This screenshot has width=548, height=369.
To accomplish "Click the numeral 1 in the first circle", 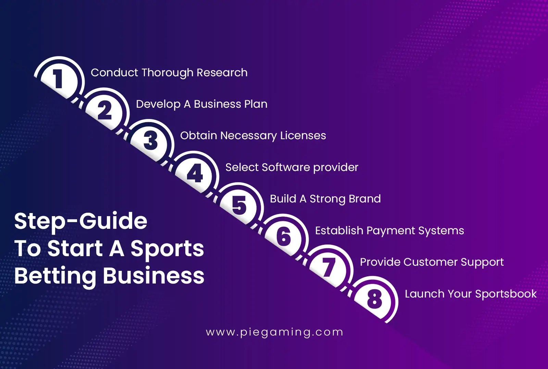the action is coord(59,78).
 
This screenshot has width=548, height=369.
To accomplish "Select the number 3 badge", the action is coord(150,141).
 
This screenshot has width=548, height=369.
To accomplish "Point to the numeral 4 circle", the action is coord(195,173).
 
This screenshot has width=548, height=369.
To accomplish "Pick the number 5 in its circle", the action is coord(239,206).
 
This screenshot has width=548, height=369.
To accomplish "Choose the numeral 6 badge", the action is coord(284,236).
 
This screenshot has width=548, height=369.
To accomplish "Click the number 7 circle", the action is coord(328,268).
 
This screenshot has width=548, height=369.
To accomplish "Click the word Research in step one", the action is coord(222,73).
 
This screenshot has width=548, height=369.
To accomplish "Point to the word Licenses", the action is coord(303,135).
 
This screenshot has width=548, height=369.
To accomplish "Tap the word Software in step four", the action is coord(286,167).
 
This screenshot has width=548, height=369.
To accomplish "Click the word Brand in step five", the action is coord(365,199).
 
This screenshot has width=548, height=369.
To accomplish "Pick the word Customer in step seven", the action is coord(430,262).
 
